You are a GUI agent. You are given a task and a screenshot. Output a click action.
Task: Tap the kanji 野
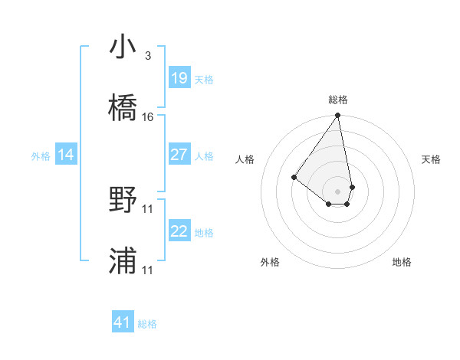(123, 200)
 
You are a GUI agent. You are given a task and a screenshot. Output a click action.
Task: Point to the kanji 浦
(123, 261)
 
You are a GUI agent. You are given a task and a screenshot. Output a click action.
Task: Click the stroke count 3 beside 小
(147, 56)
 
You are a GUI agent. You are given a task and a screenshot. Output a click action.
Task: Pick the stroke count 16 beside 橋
(148, 117)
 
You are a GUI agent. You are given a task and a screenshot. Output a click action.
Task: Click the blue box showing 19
(179, 78)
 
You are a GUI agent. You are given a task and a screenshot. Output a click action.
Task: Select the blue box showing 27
(179, 155)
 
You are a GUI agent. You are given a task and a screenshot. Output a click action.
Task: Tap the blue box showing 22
(179, 231)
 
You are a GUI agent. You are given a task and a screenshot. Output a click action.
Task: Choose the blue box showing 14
(66, 155)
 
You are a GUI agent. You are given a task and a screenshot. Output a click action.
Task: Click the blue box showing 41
(123, 322)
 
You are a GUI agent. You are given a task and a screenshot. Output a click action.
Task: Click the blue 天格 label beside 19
(204, 79)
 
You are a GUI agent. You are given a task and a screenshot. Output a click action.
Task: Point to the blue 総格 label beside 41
(147, 324)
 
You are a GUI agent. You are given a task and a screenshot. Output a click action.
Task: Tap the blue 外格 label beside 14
(41, 155)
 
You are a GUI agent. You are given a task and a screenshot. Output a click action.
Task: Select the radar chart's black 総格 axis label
(338, 100)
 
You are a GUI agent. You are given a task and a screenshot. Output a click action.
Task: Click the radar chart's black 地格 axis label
(402, 262)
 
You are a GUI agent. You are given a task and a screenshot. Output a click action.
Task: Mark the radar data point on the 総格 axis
(337, 116)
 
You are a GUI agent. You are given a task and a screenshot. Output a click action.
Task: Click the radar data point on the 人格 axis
(294, 178)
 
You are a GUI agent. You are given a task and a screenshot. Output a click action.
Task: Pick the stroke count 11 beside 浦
(148, 270)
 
